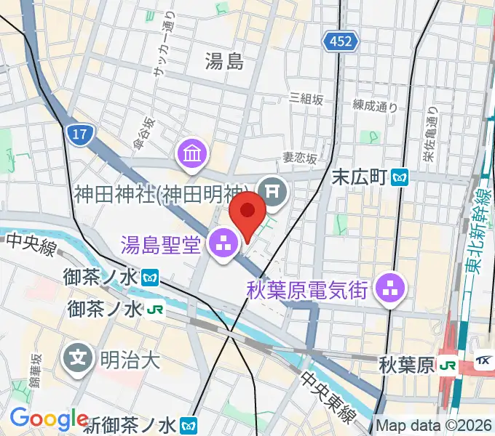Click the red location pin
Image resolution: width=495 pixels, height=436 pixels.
pos(247,211)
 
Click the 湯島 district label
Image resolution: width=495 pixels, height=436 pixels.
pos(223,62)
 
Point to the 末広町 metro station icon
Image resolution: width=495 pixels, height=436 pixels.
pos(400,177)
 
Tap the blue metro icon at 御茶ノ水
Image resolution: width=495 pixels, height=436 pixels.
pos(151,277)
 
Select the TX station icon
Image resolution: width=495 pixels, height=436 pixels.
pos(483,361)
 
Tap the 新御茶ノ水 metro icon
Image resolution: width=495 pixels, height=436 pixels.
pos(189,424)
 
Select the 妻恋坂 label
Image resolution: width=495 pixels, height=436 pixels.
pos(301,158)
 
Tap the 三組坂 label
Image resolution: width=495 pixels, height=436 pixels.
pos(306,98)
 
